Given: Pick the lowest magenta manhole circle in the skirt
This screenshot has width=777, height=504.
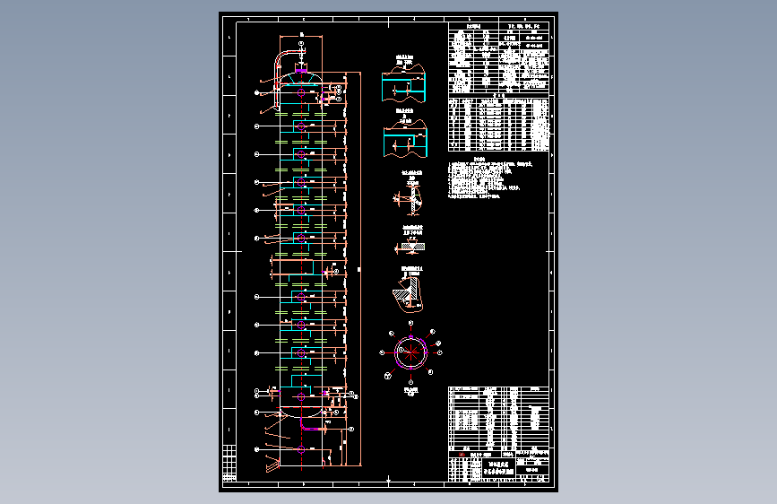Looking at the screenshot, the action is pos(301,448).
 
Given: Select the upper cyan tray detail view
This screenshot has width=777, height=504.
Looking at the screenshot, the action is pos(407,89).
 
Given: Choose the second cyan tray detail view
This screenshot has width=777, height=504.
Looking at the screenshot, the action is pos(407,141).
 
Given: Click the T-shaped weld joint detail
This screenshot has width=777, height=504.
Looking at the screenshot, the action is pos(410,201).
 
